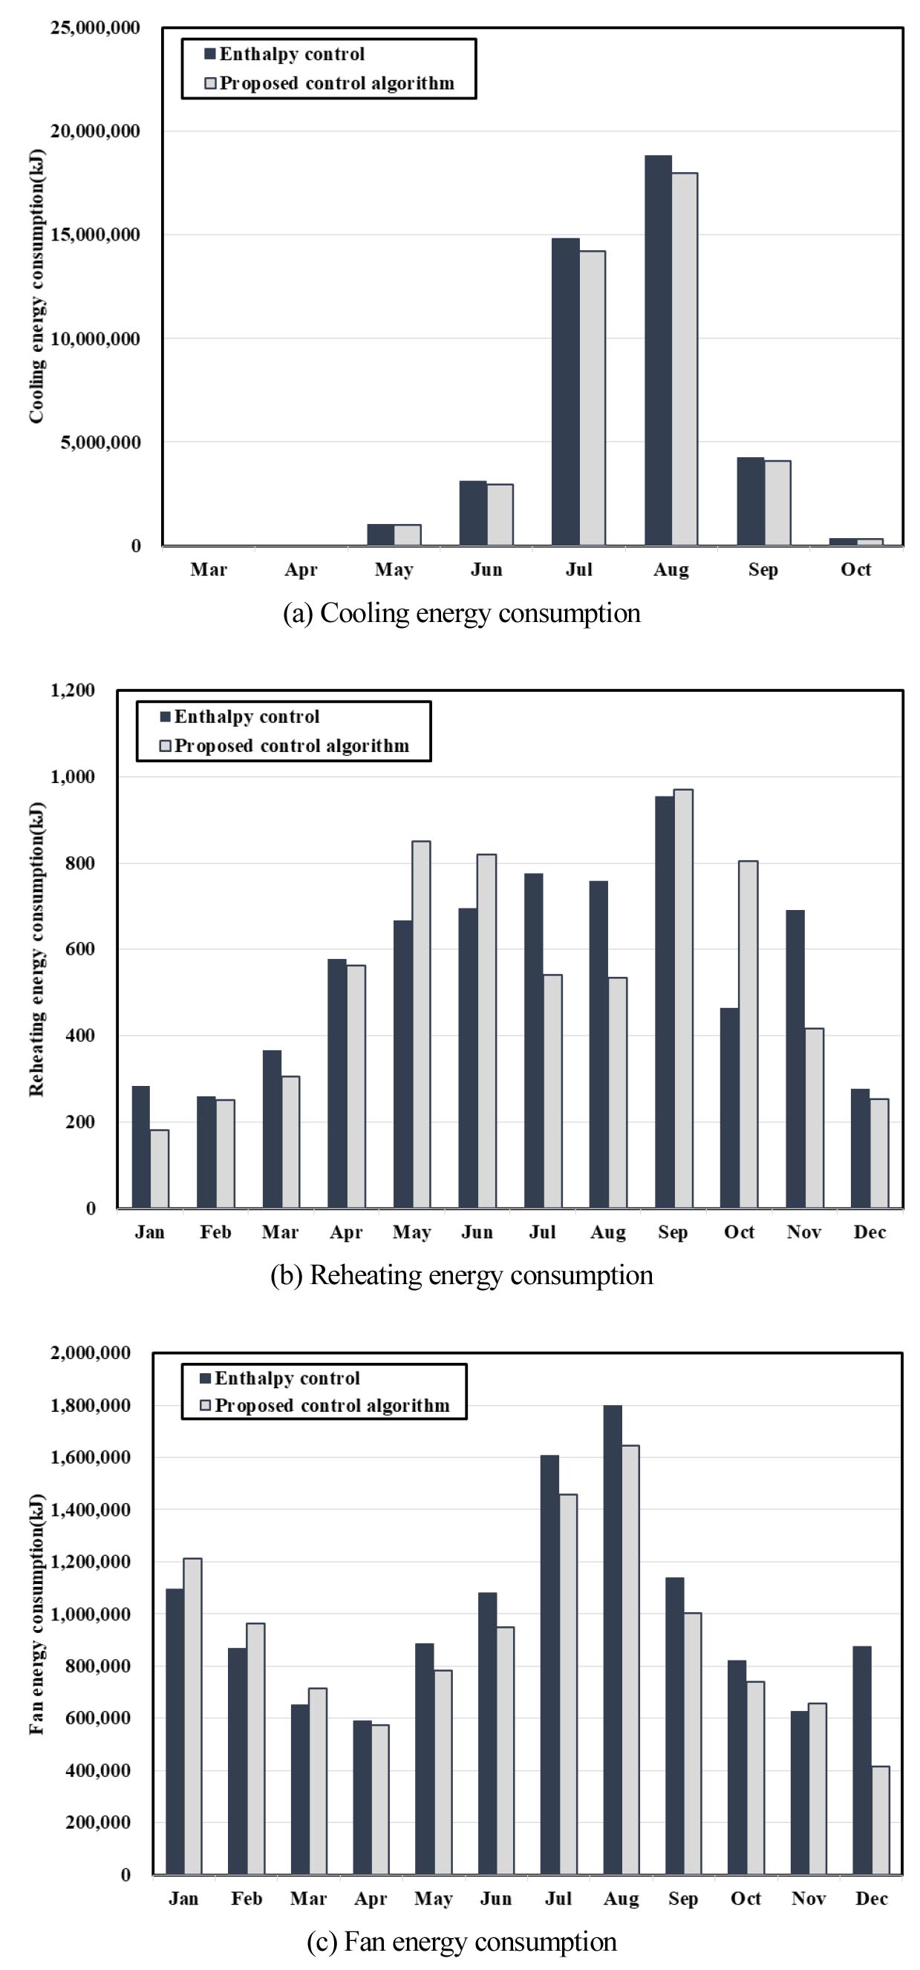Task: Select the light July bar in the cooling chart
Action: (x=592, y=398)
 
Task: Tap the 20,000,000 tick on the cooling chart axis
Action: (x=95, y=131)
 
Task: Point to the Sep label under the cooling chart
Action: (x=763, y=570)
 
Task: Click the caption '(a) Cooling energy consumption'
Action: (x=461, y=613)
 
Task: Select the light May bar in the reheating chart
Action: (x=420, y=1025)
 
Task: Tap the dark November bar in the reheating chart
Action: (x=795, y=1059)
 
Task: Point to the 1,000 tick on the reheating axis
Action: (x=73, y=777)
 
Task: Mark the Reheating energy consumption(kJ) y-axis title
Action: (x=36, y=949)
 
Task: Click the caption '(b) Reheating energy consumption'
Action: (x=461, y=1276)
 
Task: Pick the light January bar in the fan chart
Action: (x=192, y=1717)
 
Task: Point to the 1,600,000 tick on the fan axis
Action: (x=90, y=1458)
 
